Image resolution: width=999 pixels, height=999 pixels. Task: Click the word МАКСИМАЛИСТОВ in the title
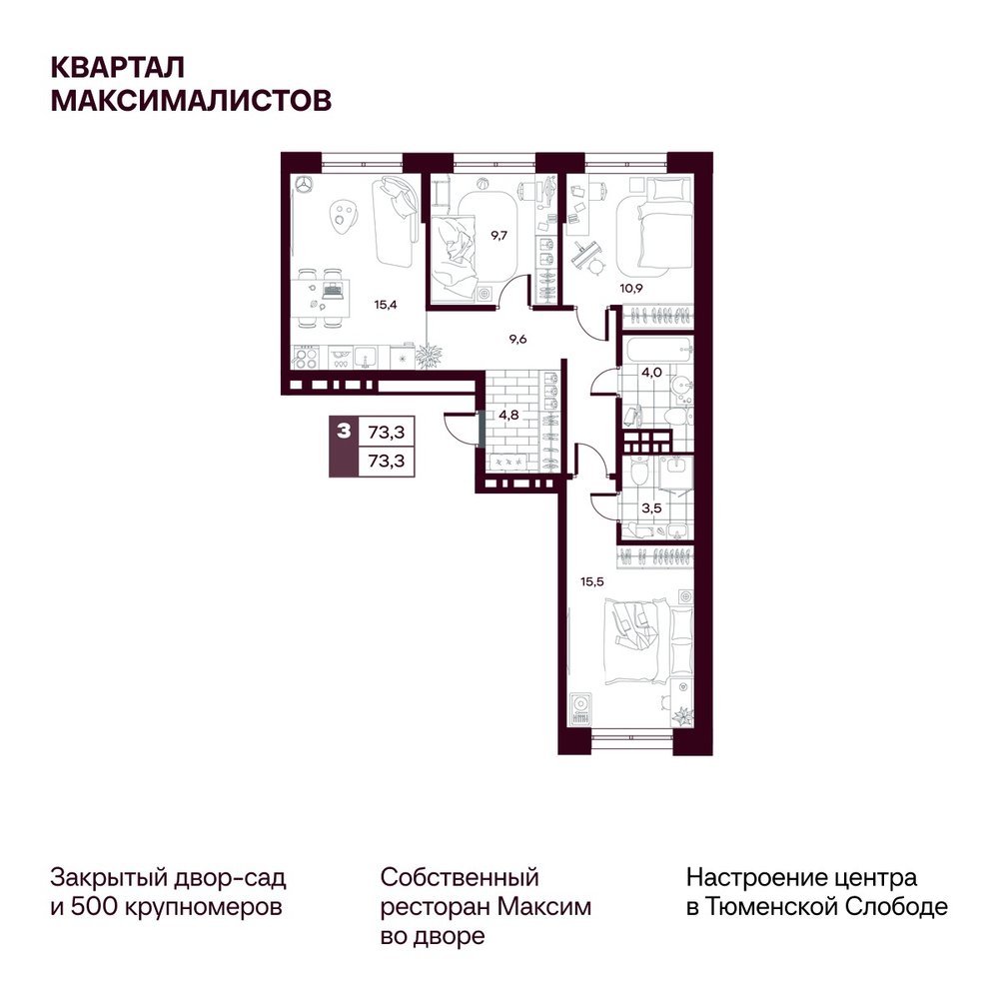click(191, 101)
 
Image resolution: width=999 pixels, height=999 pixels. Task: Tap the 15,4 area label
click(386, 305)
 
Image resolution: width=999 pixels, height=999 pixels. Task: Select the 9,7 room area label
click(499, 235)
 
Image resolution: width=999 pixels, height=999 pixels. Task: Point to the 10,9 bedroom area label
click(631, 288)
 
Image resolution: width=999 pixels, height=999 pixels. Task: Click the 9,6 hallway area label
click(517, 339)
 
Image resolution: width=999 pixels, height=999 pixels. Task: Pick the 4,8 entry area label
click(508, 415)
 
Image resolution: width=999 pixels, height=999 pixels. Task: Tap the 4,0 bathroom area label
click(651, 372)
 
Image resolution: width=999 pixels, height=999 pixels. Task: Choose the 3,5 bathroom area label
click(651, 508)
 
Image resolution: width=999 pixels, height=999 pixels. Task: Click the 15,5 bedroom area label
click(591, 581)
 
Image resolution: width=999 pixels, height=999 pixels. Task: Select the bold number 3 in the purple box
click(344, 432)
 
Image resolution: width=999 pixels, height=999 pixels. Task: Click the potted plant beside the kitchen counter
click(429, 356)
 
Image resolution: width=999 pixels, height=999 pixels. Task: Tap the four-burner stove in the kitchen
click(305, 358)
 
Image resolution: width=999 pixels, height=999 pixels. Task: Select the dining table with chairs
click(322, 298)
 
